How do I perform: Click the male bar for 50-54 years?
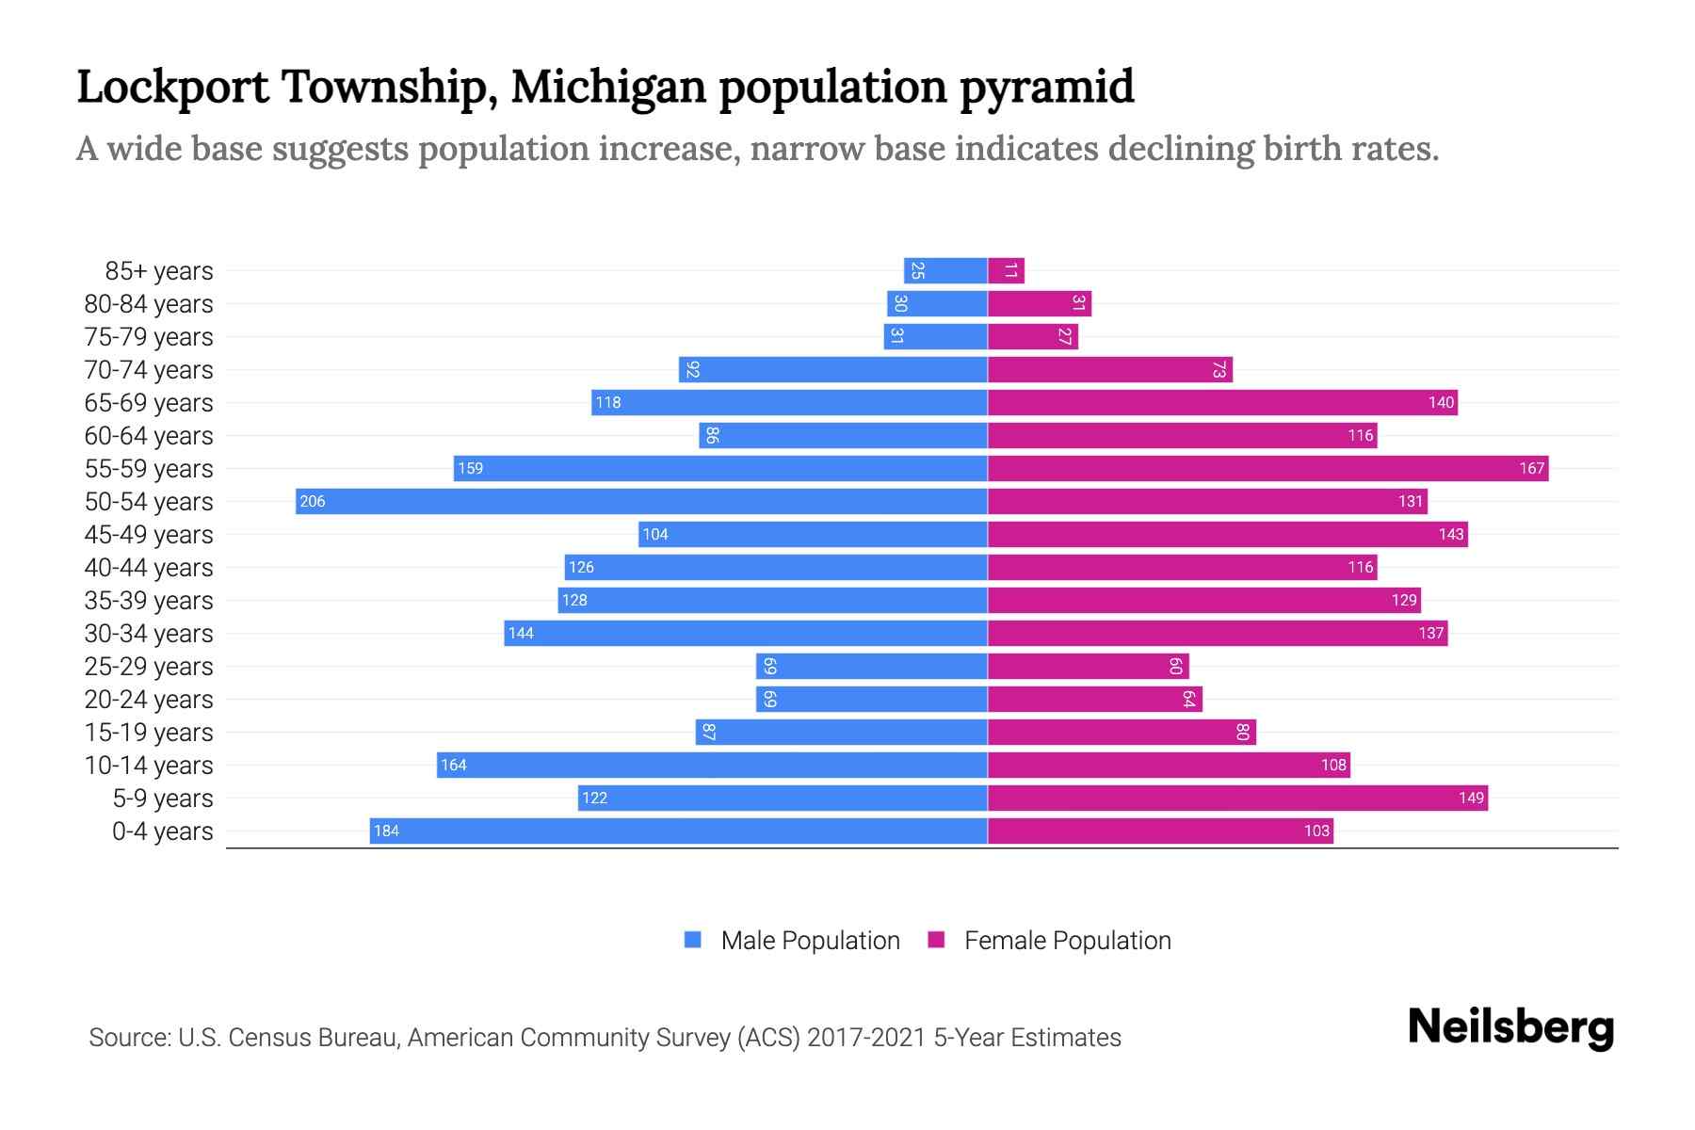coord(640,501)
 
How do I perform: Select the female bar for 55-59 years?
coord(1267,468)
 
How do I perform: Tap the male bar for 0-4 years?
coord(678,831)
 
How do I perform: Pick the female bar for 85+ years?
coord(1006,271)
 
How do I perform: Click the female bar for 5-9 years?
coord(1237,798)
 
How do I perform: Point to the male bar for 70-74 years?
coord(832,369)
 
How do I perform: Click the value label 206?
coord(312,501)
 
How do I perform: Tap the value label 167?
coord(1531,468)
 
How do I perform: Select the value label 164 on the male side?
coord(453,765)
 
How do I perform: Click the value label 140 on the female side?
coord(1441,402)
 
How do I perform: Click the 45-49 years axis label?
coord(149,534)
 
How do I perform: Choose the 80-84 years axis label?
coord(149,304)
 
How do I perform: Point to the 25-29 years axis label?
coord(149,666)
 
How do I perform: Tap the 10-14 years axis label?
coord(149,765)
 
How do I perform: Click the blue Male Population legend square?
coord(693,940)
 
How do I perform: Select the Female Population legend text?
coord(1067,940)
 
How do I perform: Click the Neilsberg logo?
coord(1510,1027)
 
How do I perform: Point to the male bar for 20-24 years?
coord(871,699)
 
